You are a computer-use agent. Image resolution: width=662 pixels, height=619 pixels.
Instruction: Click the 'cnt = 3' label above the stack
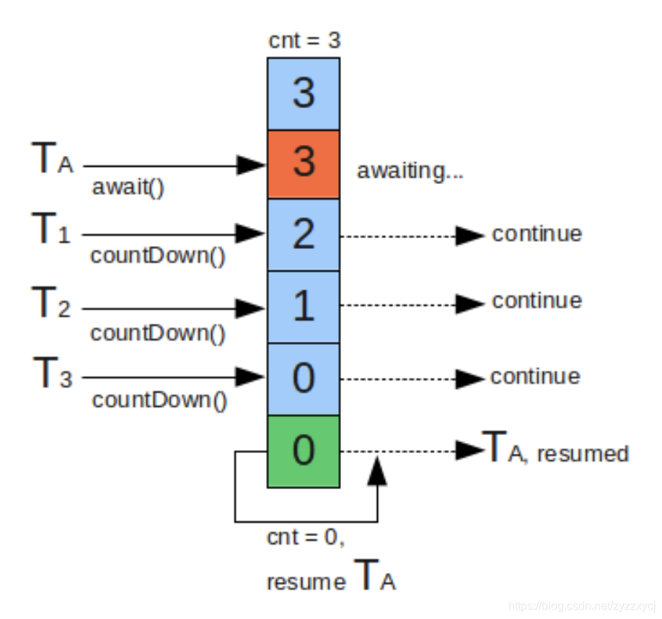[x=304, y=40]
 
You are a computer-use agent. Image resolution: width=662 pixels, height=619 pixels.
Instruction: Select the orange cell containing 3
[x=304, y=164]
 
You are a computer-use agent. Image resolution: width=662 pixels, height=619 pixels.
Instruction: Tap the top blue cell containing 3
[x=304, y=94]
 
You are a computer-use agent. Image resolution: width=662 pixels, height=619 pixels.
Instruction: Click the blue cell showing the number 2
[x=304, y=234]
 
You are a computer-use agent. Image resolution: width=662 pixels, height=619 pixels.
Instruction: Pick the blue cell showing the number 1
[x=304, y=307]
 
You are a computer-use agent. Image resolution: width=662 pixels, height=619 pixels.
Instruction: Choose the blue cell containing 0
[x=304, y=379]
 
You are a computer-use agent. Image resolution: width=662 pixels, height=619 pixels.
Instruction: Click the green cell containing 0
[x=304, y=451]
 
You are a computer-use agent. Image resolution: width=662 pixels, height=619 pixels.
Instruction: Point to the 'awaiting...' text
[x=409, y=172]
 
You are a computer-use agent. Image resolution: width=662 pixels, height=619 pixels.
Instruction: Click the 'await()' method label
[x=128, y=188]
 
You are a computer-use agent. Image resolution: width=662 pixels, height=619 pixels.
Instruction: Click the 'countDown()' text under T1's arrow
[x=157, y=257]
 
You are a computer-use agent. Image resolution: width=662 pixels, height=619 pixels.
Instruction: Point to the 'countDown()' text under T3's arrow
[x=159, y=400]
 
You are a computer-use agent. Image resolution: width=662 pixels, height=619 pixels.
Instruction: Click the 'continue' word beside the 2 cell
[x=537, y=234]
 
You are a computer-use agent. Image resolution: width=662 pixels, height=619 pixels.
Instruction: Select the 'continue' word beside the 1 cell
[x=537, y=300]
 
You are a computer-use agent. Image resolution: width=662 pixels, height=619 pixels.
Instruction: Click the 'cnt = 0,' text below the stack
[x=311, y=537]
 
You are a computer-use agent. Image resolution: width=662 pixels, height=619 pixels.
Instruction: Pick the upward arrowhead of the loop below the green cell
[x=376, y=471]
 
